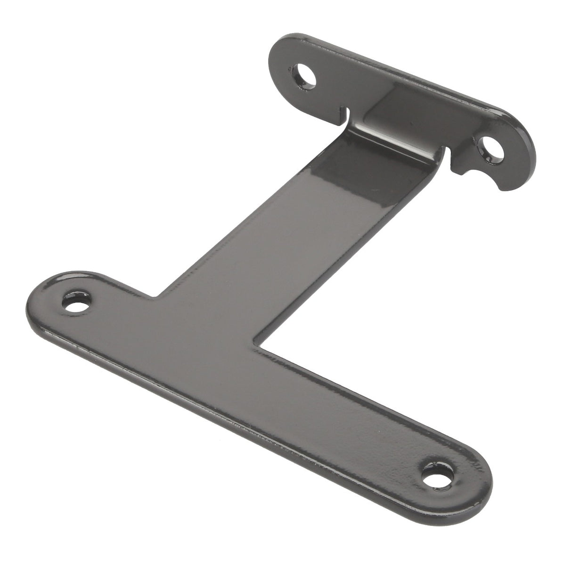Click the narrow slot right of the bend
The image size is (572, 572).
pos(448,159)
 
